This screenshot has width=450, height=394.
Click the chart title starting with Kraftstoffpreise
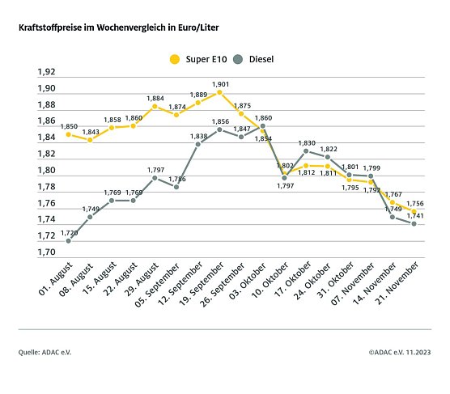(118, 28)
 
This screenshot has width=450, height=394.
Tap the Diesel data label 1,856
(220, 121)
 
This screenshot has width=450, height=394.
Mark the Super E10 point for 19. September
(219, 92)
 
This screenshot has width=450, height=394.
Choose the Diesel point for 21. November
(415, 223)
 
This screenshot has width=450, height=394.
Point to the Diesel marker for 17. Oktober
(306, 150)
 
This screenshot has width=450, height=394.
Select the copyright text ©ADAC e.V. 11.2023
(400, 353)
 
